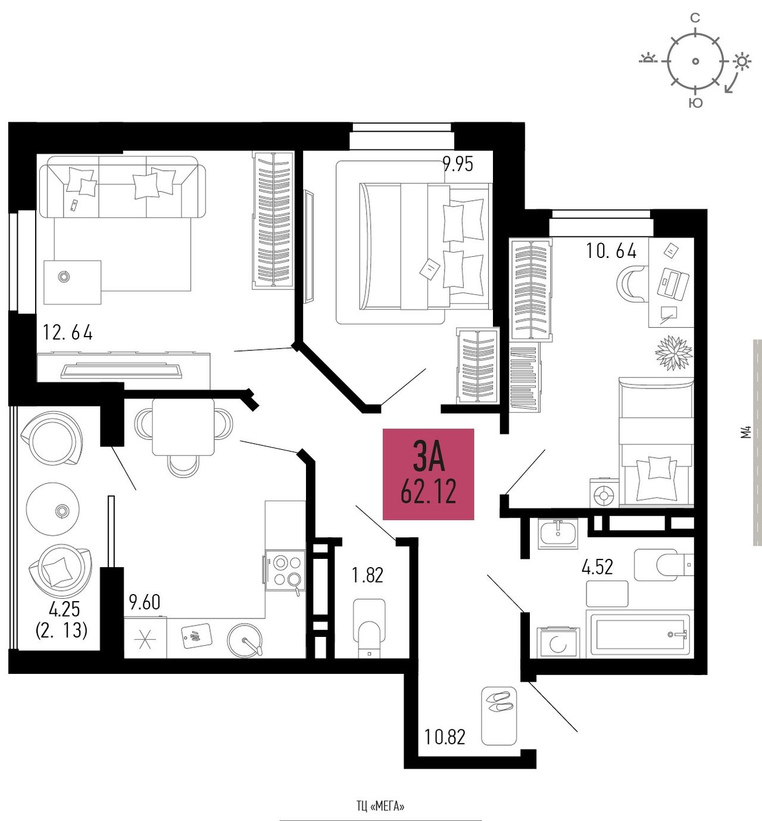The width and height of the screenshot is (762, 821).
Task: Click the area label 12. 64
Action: tap(68, 332)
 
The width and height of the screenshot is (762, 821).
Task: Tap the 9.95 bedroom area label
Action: tap(458, 164)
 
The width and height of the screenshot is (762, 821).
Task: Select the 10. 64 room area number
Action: tap(611, 251)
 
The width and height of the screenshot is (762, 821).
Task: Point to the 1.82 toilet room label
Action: tap(367, 575)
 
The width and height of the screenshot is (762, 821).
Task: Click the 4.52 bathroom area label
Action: tap(598, 567)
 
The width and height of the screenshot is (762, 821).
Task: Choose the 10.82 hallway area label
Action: tap(445, 736)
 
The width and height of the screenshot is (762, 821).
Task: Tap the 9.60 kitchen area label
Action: tap(145, 602)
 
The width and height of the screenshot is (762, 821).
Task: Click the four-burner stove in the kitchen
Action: tap(285, 570)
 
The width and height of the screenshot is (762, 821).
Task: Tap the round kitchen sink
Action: tap(244, 640)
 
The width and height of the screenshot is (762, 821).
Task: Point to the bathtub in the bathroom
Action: tap(640, 635)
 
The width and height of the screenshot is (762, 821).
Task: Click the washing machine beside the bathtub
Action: tap(558, 642)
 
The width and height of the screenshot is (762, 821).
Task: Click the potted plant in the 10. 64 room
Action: tap(673, 352)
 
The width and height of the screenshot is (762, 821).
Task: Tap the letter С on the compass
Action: tap(695, 18)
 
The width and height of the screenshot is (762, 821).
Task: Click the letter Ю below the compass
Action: tap(696, 103)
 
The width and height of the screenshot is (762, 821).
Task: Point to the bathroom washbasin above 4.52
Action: tap(558, 534)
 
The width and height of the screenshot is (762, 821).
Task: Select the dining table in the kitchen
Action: tap(183, 427)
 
